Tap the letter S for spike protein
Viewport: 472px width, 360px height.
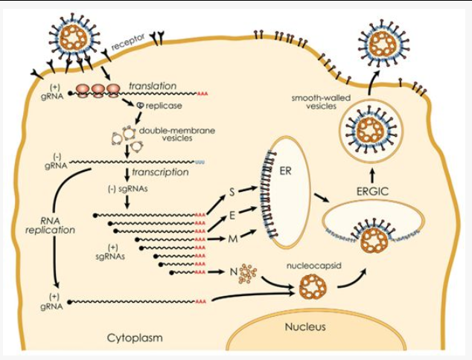(x=232, y=192)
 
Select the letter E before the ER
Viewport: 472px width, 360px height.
(x=232, y=215)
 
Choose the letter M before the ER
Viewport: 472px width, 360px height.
(x=232, y=238)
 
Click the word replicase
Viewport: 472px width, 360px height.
(x=164, y=106)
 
